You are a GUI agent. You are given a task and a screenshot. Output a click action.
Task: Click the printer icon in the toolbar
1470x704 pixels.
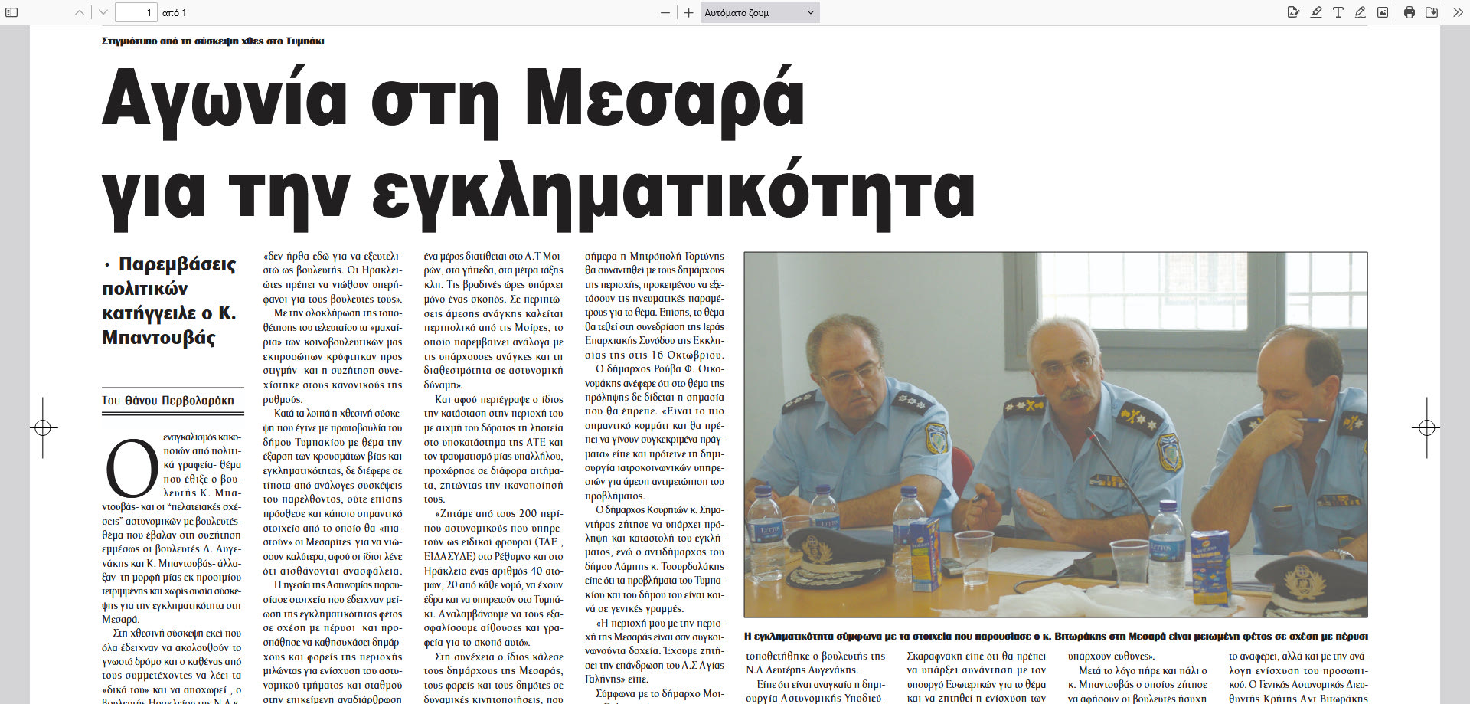tap(1410, 12)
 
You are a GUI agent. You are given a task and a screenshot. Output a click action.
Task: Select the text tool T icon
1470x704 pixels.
tap(1338, 12)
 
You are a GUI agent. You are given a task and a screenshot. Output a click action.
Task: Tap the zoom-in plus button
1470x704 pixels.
tap(688, 12)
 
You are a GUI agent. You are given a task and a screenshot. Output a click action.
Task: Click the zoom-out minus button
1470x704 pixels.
tap(665, 12)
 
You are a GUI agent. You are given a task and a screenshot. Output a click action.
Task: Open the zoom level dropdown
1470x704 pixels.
tap(759, 12)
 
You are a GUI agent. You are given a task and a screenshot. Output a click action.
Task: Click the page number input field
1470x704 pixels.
tap(136, 12)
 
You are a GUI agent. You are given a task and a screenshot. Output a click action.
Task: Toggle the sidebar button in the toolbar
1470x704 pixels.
tap(11, 12)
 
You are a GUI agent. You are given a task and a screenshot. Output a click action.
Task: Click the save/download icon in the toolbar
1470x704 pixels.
tap(1432, 12)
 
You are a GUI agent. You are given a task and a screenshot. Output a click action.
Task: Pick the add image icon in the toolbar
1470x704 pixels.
tap(1383, 12)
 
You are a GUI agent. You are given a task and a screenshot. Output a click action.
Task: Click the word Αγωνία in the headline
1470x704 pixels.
tap(224, 100)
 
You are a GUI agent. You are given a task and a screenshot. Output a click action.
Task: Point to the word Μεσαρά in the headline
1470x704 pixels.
tap(664, 100)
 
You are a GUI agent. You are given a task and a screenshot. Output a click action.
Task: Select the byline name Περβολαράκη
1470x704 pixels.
tap(198, 401)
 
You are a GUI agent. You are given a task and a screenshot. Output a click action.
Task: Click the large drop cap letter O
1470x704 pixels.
tap(131, 467)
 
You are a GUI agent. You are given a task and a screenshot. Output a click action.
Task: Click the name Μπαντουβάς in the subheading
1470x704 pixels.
tap(158, 338)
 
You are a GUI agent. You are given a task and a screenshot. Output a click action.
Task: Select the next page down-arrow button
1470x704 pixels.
tap(103, 12)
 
